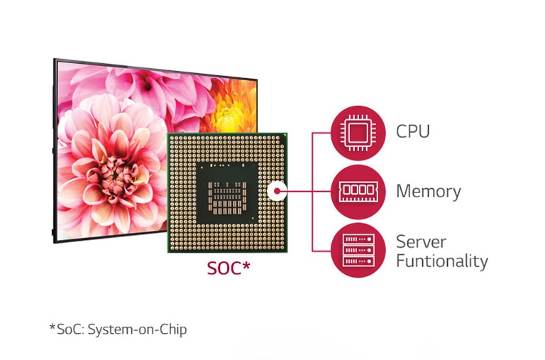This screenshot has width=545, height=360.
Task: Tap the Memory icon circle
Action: [358, 191]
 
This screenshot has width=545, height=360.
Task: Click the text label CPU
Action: [413, 131]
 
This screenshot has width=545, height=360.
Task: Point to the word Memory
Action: [428, 191]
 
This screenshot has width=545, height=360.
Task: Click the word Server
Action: [422, 241]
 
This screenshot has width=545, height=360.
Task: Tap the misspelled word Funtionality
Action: [441, 261]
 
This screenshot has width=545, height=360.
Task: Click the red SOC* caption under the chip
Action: [229, 269]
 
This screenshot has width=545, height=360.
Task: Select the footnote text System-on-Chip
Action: [138, 329]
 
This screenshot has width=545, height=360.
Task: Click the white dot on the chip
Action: [277, 191]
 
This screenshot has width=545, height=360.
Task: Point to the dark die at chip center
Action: [228, 192]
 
